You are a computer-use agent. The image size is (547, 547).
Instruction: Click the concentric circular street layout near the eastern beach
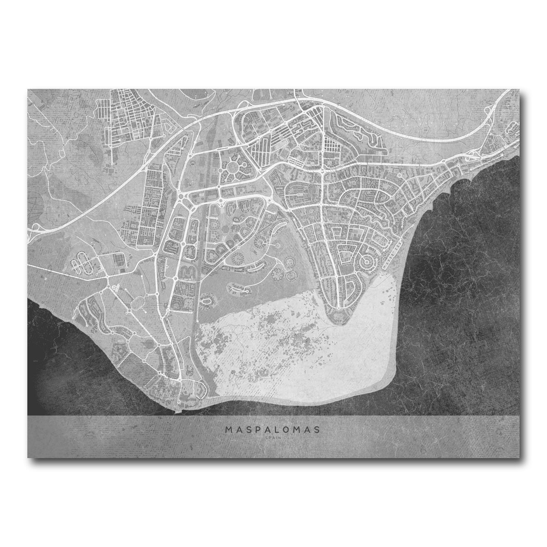tap(366, 262)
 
